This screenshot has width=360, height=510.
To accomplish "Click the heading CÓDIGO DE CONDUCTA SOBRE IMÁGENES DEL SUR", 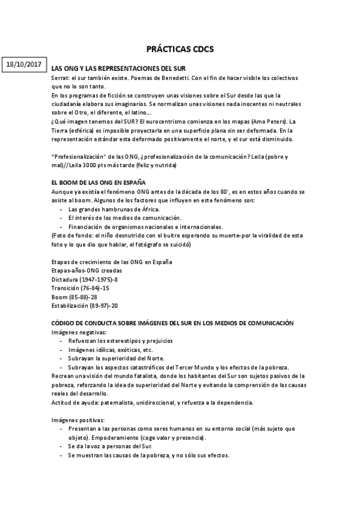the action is pos(172,323).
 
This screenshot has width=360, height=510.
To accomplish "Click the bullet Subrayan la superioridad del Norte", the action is pos(114,358).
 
